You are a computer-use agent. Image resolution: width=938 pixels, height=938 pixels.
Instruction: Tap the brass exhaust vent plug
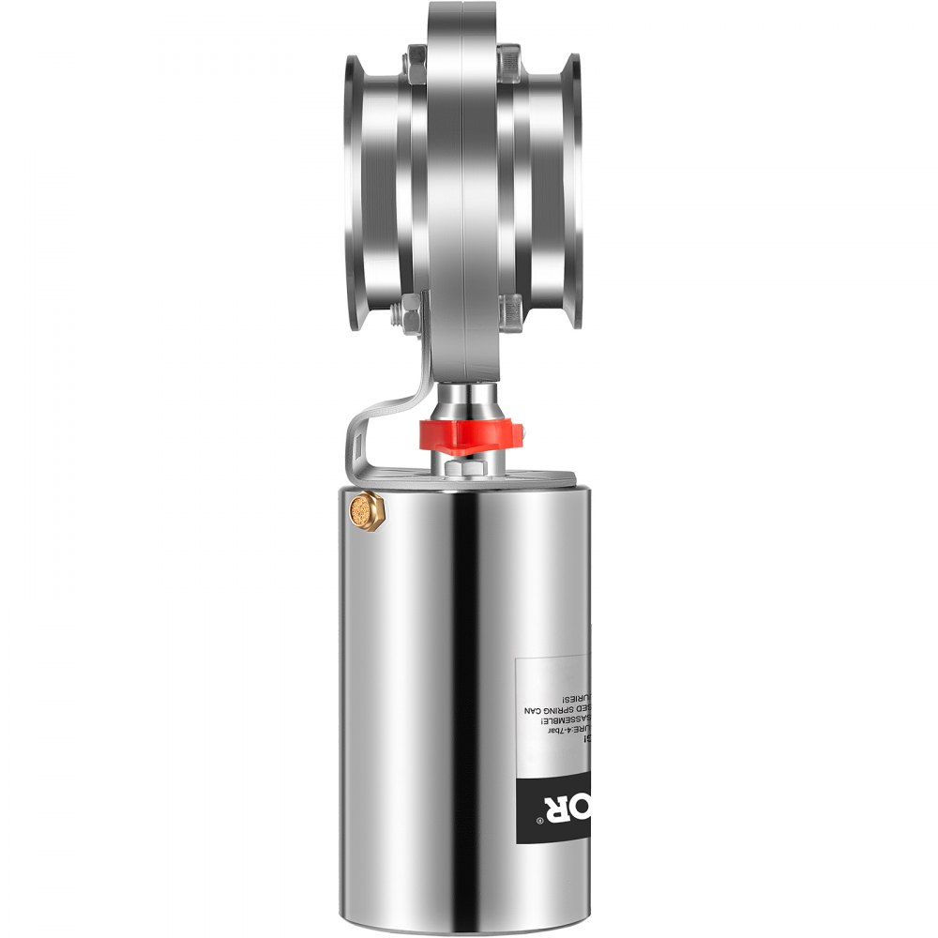point(361,510)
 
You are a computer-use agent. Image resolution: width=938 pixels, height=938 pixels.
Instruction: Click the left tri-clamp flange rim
point(355,192)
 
